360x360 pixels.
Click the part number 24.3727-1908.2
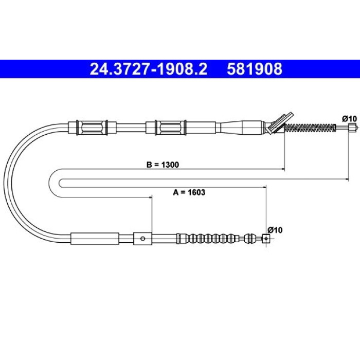pos(149,69)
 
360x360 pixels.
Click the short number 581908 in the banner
pos(255,69)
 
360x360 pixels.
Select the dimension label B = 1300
pos(163,165)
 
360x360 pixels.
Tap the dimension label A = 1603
pos(189,192)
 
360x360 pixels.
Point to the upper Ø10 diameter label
pos(349,119)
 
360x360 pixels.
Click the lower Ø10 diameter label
pos(275,230)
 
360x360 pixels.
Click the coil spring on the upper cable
pos(310,128)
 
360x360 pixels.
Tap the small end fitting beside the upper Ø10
pos(353,127)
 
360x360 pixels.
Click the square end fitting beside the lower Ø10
pos(266,239)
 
